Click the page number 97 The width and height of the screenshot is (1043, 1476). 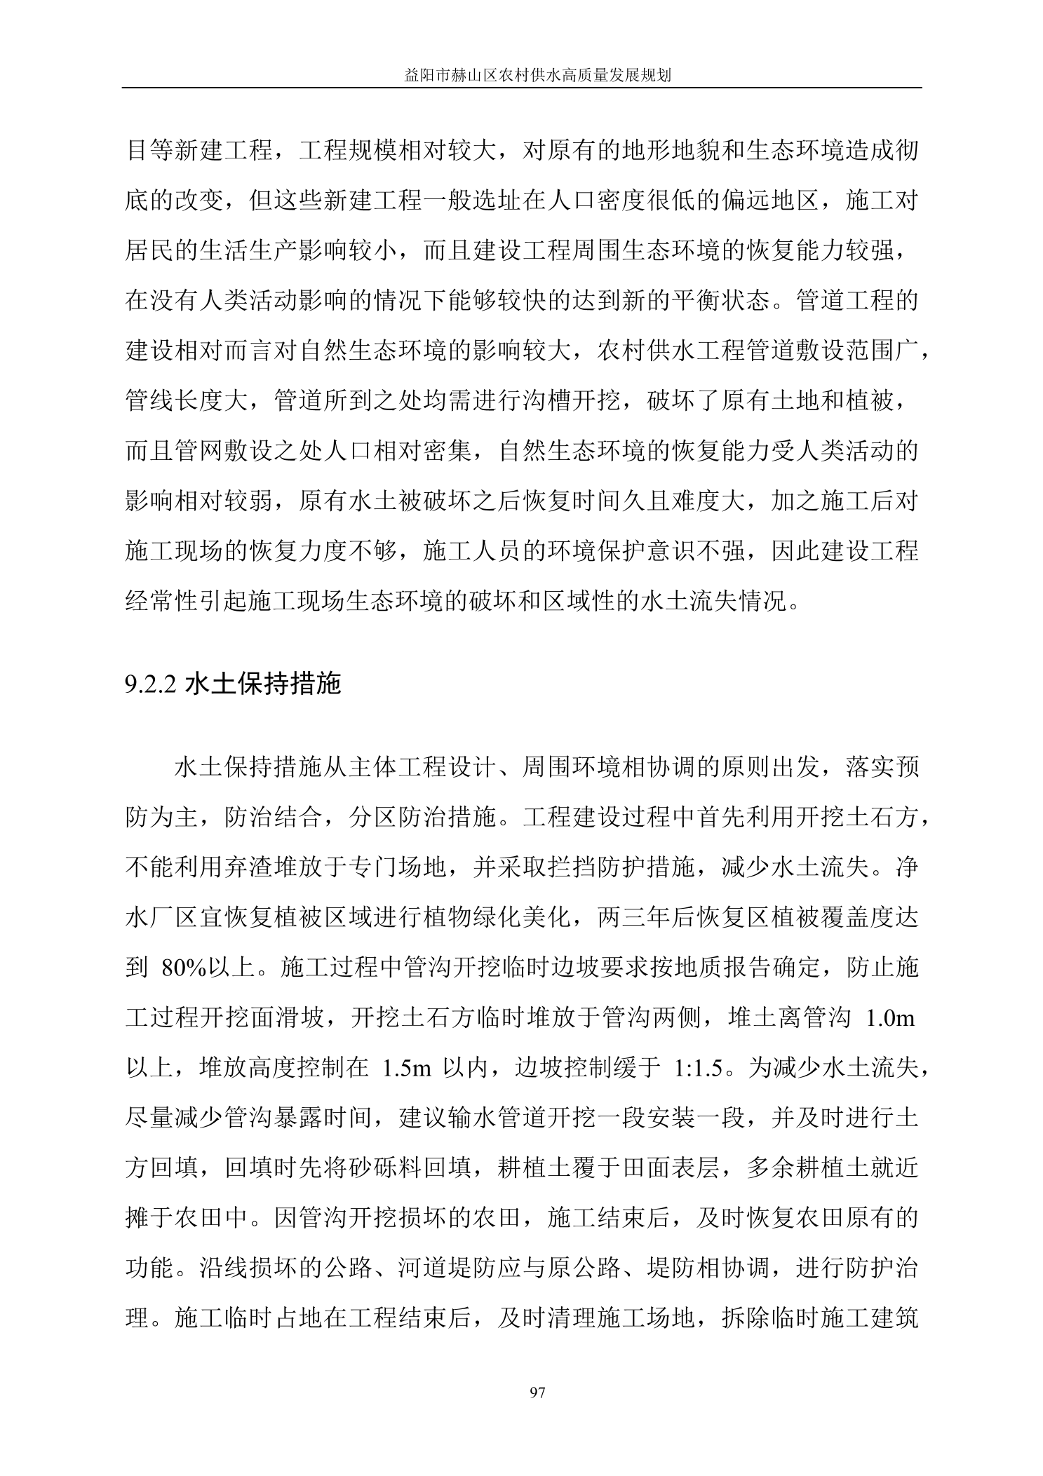point(538,1392)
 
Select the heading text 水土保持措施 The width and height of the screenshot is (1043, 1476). point(263,683)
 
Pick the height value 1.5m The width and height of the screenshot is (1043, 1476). point(406,1068)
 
